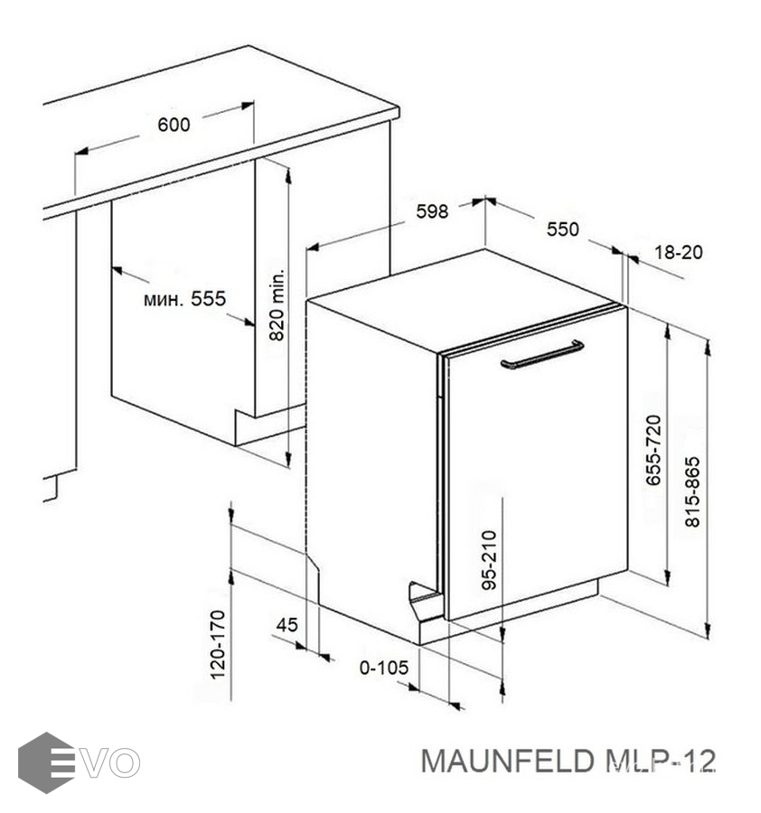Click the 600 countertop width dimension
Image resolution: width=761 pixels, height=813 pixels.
tap(174, 125)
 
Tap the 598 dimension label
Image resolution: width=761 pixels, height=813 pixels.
tap(432, 211)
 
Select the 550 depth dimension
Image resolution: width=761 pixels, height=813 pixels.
tap(562, 229)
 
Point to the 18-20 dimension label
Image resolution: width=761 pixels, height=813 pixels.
tap(679, 253)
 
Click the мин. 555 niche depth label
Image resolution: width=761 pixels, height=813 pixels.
tap(184, 299)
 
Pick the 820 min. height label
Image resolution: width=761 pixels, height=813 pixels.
tap(277, 304)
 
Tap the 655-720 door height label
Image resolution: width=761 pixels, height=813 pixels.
tap(653, 450)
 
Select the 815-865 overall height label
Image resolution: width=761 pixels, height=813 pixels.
tap(692, 491)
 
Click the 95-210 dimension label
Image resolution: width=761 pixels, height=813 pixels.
tap(489, 560)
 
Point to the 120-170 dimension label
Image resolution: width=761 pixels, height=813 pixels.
tap(218, 644)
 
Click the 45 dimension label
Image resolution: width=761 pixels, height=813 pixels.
tap(287, 625)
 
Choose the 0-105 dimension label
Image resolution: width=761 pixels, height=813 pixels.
tap(384, 668)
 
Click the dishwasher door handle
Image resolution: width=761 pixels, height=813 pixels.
tap(542, 355)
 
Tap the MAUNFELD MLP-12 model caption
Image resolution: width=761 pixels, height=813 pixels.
tap(568, 761)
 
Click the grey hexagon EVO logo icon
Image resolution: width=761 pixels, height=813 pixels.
tap(46, 762)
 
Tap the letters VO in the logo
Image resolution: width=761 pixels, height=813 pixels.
tap(113, 762)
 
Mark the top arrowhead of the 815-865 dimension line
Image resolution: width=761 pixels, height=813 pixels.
tap(708, 348)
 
